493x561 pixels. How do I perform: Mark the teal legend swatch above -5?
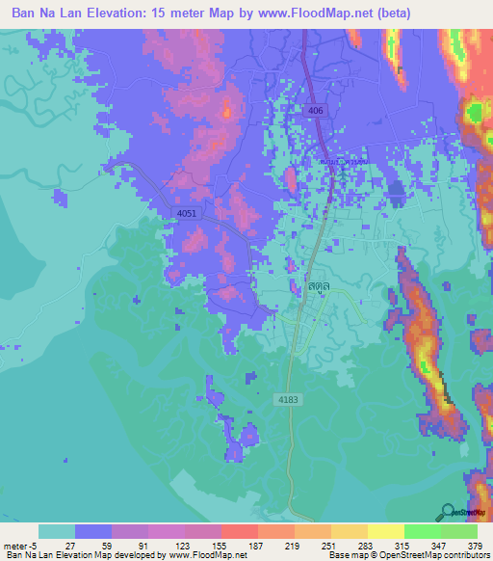[x=56, y=531]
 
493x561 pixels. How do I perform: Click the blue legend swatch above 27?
[x=93, y=531]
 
